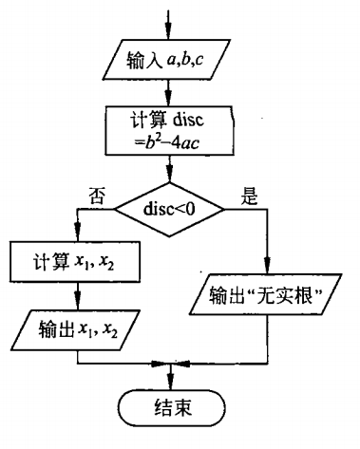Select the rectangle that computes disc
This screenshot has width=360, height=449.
(168, 132)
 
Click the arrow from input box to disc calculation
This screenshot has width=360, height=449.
(168, 95)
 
